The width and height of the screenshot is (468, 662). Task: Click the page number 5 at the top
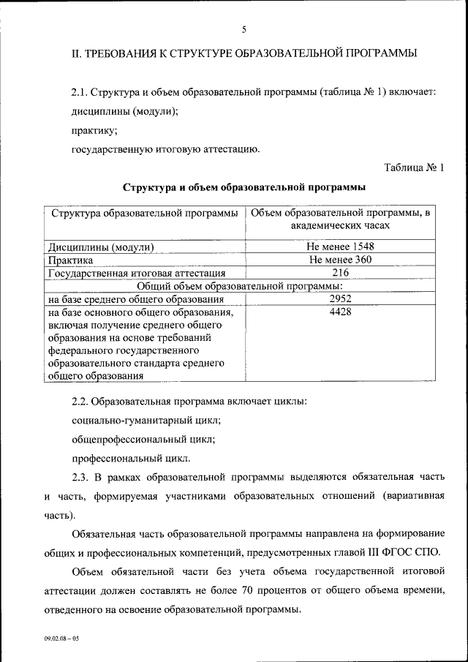click(244, 29)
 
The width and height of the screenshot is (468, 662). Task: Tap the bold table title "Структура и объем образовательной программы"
click(244, 188)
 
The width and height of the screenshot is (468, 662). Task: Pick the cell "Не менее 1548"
click(341, 247)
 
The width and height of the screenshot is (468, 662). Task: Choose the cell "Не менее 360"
click(341, 260)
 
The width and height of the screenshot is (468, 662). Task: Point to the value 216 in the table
click(341, 273)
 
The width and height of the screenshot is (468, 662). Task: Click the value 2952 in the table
click(341, 299)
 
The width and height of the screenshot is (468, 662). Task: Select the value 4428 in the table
click(341, 312)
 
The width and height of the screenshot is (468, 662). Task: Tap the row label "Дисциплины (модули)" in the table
click(100, 247)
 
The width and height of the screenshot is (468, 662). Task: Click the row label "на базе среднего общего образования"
click(135, 299)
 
